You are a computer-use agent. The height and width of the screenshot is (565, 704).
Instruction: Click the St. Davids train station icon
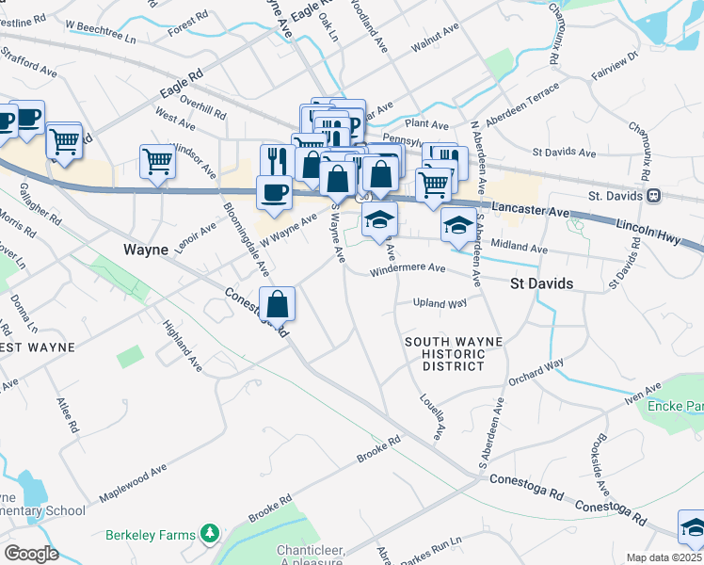click(652, 196)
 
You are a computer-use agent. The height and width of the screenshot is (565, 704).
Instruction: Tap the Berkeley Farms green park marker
click(209, 535)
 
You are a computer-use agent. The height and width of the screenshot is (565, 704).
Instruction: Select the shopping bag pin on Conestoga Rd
click(277, 305)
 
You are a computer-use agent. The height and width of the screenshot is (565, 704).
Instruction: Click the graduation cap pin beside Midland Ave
click(457, 226)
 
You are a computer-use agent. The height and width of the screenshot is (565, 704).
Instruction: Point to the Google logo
click(31, 553)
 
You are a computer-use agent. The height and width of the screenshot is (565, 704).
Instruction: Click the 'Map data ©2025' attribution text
click(664, 557)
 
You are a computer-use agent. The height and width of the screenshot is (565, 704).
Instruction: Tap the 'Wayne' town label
click(145, 250)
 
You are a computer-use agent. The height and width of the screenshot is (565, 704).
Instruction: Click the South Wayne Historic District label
click(453, 353)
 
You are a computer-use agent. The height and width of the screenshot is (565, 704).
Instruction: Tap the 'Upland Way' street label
click(440, 303)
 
